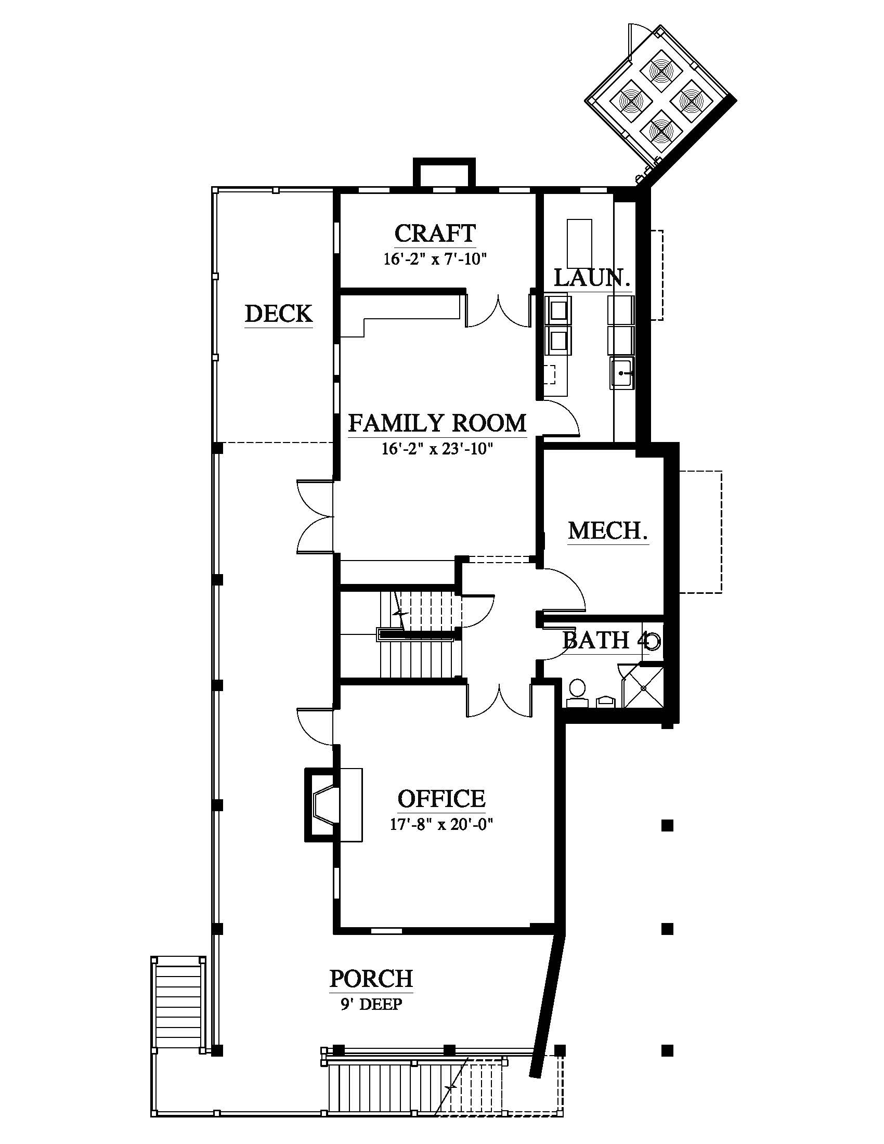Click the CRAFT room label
click(435, 233)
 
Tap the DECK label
click(279, 314)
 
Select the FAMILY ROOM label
click(437, 423)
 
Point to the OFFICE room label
click(441, 799)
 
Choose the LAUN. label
click(592, 278)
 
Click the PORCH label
click(371, 979)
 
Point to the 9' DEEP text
click(371, 1004)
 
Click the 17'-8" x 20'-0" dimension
click(441, 825)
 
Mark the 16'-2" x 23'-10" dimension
click(437, 449)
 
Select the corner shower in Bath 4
click(642, 685)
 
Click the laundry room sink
click(621, 373)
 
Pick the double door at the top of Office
click(500, 699)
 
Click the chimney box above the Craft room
click(444, 173)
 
